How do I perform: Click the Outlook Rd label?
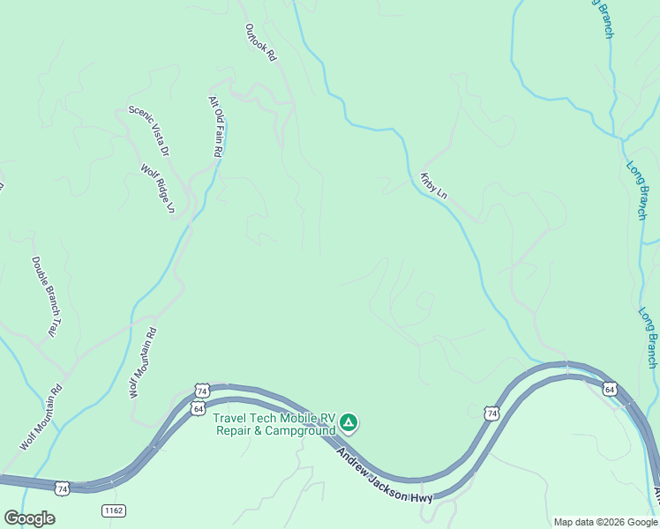pos(261,41)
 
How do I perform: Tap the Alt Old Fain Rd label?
pos(214,126)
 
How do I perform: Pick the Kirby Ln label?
pos(434,185)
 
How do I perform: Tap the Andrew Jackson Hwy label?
pos(385,473)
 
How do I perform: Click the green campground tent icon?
pos(349,423)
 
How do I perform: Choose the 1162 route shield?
pos(113,510)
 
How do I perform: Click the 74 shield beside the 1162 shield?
pos(62,488)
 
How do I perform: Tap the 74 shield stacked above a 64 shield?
pos(202,391)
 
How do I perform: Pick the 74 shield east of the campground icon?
pos(491,412)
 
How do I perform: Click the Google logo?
pos(29,518)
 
